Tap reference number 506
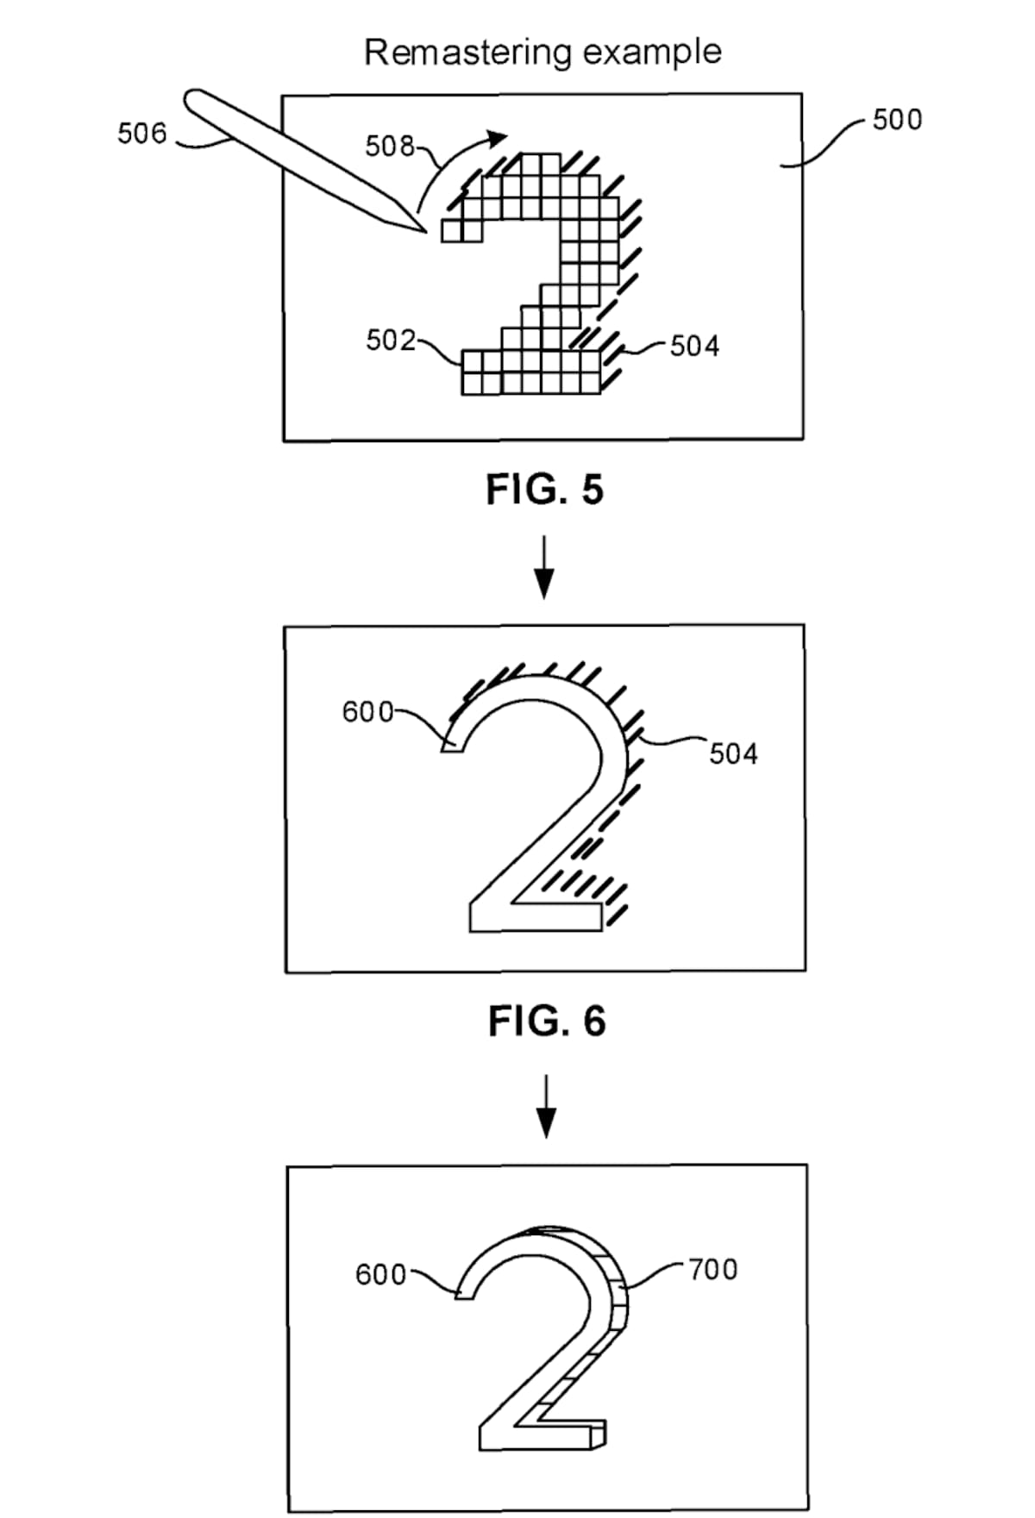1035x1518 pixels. [x=142, y=134]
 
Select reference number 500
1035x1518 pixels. [x=897, y=120]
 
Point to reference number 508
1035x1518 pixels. [x=390, y=147]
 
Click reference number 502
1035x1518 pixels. [x=391, y=340]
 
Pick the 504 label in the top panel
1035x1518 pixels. [x=694, y=347]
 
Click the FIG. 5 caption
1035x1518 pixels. [x=545, y=490]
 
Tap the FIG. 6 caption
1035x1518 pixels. [x=547, y=1021]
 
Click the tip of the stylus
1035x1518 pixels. [x=426, y=232]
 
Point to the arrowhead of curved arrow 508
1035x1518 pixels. [x=498, y=136]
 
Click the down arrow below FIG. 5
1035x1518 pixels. [x=543, y=567]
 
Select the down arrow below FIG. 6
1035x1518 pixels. [x=545, y=1106]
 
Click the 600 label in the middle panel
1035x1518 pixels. [x=367, y=712]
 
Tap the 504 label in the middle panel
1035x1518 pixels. [x=733, y=754]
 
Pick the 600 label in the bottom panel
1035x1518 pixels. [x=380, y=1274]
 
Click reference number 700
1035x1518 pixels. [x=713, y=1270]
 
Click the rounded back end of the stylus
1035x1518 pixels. [x=194, y=97]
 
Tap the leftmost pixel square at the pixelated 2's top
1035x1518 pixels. [x=451, y=231]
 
